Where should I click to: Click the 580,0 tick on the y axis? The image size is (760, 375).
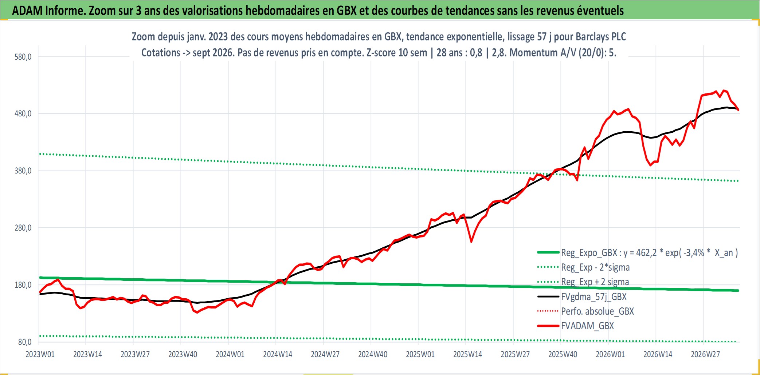[x=23, y=57]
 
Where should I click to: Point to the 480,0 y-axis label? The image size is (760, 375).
[x=23, y=114]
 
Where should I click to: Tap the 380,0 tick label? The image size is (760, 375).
[x=23, y=171]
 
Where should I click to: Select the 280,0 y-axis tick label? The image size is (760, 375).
[x=23, y=228]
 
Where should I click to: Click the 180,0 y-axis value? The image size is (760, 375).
[x=23, y=285]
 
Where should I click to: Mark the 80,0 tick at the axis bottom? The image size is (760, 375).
[x=25, y=342]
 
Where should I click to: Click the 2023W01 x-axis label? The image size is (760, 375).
[x=40, y=354]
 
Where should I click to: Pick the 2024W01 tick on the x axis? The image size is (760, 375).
[x=230, y=354]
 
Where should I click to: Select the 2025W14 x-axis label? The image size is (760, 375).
[x=468, y=354]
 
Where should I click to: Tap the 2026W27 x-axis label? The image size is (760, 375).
[x=705, y=354]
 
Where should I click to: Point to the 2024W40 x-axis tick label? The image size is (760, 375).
[x=373, y=354]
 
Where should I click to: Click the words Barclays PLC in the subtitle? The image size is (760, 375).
[x=601, y=37]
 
